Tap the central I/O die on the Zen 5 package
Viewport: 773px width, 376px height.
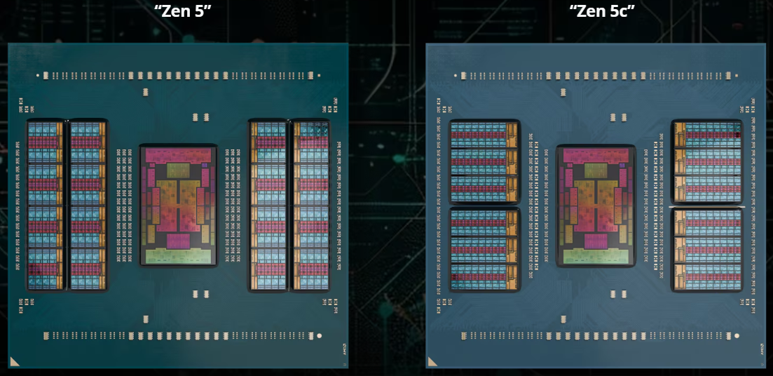[178, 205]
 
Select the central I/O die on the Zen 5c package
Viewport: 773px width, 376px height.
[596, 205]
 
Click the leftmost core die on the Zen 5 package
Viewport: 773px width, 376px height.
[46, 205]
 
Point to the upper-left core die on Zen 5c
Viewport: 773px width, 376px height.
[484, 162]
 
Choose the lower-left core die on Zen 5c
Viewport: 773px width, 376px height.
[484, 249]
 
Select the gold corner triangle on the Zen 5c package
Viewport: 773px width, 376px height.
[433, 362]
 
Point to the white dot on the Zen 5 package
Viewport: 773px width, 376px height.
[320, 336]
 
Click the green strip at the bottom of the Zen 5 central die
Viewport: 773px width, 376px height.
[178, 257]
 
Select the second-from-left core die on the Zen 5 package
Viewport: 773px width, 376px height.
[88, 205]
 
